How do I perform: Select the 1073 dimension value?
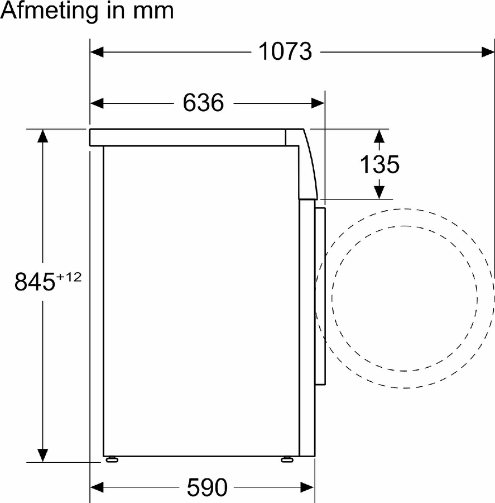[x=285, y=51]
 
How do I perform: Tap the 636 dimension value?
[x=203, y=103]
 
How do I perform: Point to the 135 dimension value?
[x=379, y=164]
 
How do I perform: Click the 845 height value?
[x=35, y=282]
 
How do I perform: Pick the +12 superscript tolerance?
[x=69, y=277]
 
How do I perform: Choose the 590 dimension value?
[x=207, y=487]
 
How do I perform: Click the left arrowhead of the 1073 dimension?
[x=97, y=51]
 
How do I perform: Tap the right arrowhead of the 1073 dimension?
[x=488, y=51]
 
